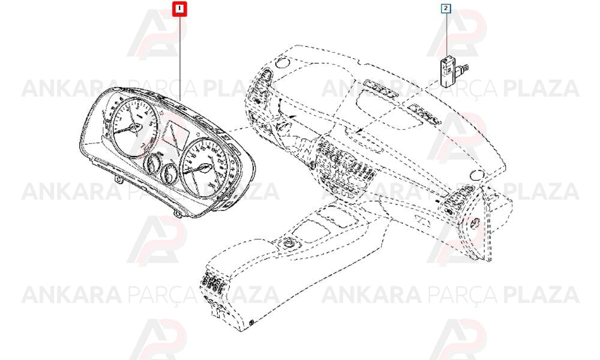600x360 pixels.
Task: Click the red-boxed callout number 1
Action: coord(179,8)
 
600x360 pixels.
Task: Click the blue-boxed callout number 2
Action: coord(446,8)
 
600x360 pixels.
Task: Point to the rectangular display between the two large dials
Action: coord(175,137)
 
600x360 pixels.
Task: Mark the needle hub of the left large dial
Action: coord(136,128)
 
